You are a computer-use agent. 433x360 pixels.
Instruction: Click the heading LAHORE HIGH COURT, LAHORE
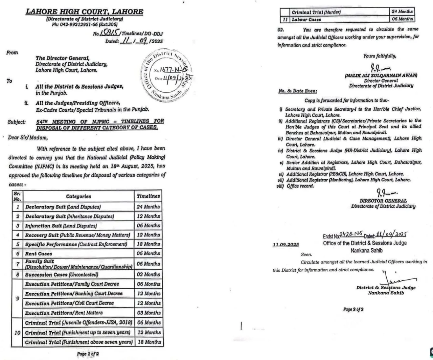[85, 12]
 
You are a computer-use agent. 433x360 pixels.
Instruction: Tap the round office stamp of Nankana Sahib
[166, 74]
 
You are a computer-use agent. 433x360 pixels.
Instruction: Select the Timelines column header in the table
[148, 196]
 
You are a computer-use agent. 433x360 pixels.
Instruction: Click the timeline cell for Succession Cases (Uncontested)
[148, 274]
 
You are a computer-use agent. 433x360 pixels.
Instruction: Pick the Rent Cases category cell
[39, 253]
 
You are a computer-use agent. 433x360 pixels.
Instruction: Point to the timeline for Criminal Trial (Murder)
[402, 12]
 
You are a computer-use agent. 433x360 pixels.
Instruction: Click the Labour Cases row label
[306, 19]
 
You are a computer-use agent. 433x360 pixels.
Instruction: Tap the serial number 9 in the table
[17, 298]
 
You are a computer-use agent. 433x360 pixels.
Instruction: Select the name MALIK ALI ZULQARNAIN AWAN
[381, 76]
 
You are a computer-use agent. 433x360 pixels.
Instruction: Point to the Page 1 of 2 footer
[88, 354]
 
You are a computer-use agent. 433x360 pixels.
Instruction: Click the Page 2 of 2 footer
[353, 309]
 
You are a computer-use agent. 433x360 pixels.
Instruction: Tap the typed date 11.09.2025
[286, 245]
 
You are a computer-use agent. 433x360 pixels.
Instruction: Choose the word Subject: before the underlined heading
[17, 122]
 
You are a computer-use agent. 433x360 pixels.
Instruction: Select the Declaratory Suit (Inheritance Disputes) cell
[70, 216]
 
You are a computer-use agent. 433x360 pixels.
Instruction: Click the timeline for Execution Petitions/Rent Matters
[148, 313]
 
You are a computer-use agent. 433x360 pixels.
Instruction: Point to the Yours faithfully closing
[380, 56]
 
